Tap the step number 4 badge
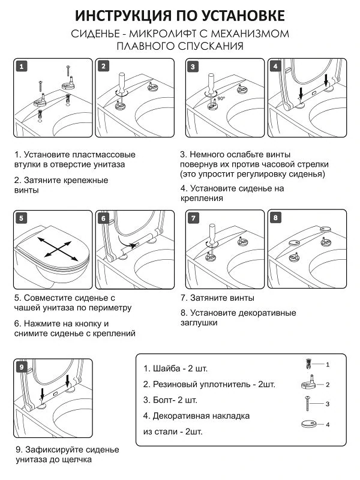[275, 67]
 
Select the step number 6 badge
[103, 218]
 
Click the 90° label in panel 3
[221, 97]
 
